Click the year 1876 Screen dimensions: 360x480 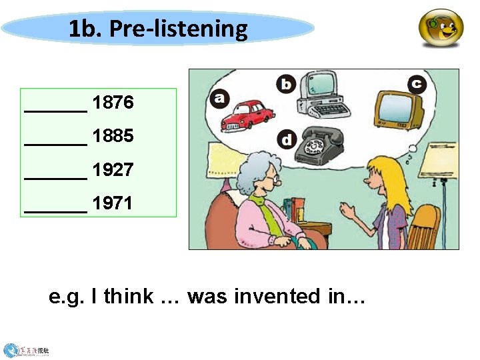click(x=113, y=103)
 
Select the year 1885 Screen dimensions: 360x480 click(x=113, y=136)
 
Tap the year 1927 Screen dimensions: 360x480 click(x=113, y=170)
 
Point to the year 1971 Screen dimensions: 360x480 click(x=113, y=203)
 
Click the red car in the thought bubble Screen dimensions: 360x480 click(x=245, y=114)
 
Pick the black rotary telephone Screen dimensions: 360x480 click(x=319, y=143)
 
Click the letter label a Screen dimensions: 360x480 click(x=219, y=99)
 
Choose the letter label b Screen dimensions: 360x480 click(x=286, y=84)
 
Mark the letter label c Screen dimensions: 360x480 click(x=417, y=83)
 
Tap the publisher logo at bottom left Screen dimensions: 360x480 click(x=27, y=349)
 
